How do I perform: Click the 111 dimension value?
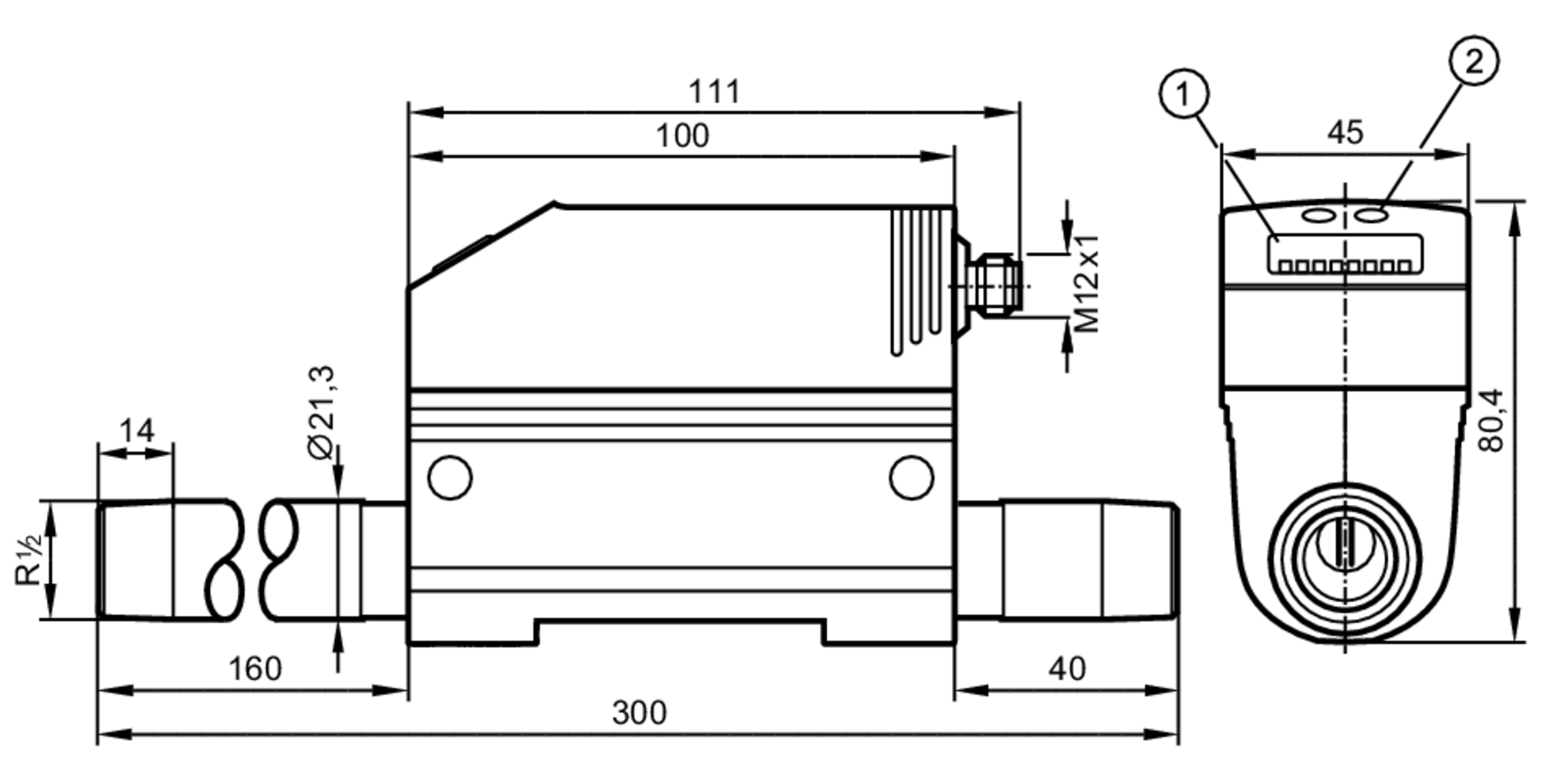click(714, 92)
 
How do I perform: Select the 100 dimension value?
click(682, 136)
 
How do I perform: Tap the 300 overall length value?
click(639, 713)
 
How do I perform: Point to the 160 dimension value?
click(255, 668)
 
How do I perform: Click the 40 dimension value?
click(1067, 668)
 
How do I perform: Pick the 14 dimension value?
click(137, 430)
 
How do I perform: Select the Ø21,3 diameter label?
click(322, 412)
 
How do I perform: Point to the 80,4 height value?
click(1492, 420)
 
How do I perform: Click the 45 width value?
click(1345, 133)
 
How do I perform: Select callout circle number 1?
click(1183, 94)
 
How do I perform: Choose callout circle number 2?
click(1474, 61)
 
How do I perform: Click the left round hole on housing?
click(450, 477)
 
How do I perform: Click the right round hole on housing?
click(910, 477)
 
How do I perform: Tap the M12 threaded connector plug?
click(997, 284)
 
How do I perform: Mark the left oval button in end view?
click(1318, 215)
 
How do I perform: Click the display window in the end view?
click(1345, 253)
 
